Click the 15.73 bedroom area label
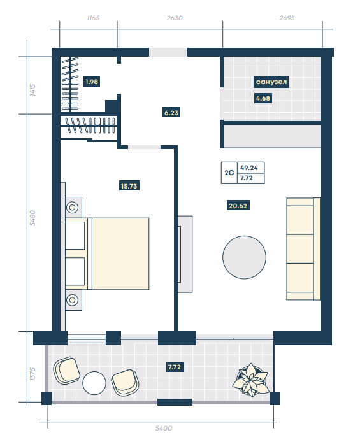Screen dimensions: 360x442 click(x=129, y=186)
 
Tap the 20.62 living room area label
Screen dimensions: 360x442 click(x=238, y=206)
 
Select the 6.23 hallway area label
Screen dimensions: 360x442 click(x=171, y=113)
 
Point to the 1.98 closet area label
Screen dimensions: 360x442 click(x=92, y=82)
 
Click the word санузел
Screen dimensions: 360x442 click(x=271, y=82)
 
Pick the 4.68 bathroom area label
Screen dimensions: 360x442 click(x=263, y=98)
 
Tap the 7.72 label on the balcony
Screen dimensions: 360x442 click(x=175, y=367)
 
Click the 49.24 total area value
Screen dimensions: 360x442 click(x=249, y=168)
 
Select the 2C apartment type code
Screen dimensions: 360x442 click(x=229, y=173)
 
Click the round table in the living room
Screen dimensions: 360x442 click(x=245, y=257)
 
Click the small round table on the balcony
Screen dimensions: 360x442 click(x=94, y=383)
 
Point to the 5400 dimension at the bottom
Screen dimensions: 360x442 click(x=164, y=428)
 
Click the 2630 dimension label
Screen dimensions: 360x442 click(x=175, y=18)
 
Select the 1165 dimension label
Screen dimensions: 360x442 click(x=93, y=18)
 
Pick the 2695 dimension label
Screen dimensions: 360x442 click(x=287, y=18)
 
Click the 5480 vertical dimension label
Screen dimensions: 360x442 click(x=32, y=218)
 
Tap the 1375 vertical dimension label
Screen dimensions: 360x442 click(x=32, y=374)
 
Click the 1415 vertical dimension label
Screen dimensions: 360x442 click(x=32, y=90)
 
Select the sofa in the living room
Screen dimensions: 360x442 click(x=304, y=248)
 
